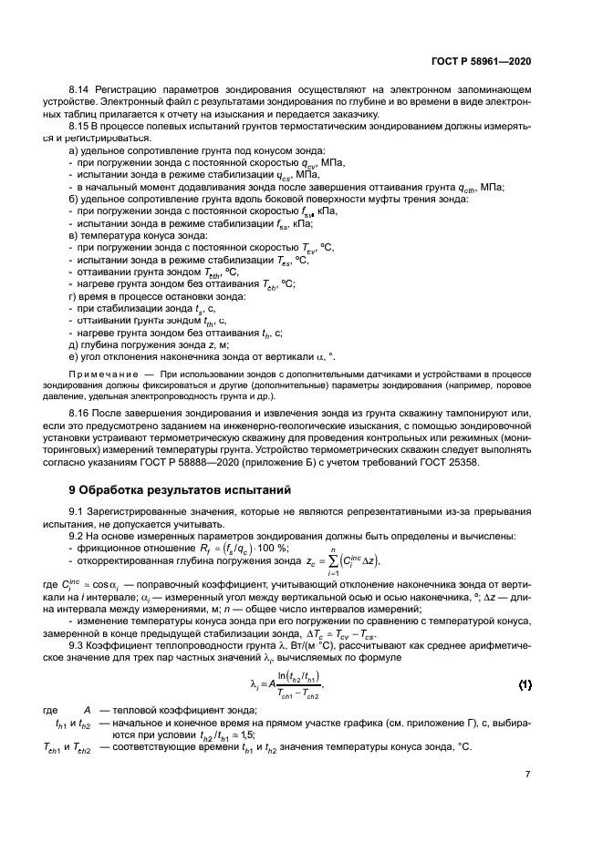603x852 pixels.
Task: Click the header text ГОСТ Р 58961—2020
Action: [481, 60]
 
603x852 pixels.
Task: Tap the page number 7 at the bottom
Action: [527, 775]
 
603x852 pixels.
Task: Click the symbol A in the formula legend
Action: [88, 711]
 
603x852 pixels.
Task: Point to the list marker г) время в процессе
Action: [74, 297]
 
